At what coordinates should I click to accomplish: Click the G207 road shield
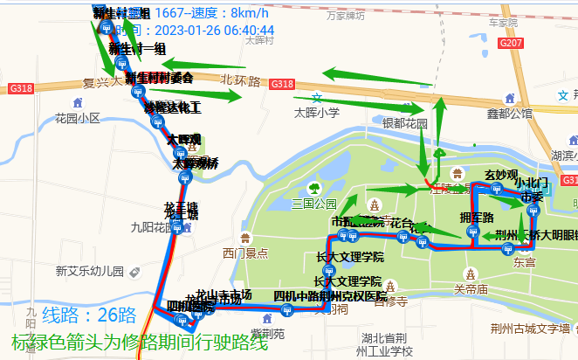click(x=513, y=43)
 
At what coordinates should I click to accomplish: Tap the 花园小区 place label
click(x=79, y=117)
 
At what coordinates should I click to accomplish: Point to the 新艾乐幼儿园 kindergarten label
click(x=90, y=270)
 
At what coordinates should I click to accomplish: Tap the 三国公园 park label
click(x=313, y=204)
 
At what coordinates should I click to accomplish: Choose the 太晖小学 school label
click(x=316, y=112)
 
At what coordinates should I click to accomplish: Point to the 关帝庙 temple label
click(x=471, y=287)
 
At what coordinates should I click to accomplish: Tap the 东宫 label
click(x=525, y=261)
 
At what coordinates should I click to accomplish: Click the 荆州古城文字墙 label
click(x=530, y=329)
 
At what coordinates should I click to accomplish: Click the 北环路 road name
click(x=241, y=80)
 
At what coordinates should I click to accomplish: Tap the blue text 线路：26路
click(x=89, y=315)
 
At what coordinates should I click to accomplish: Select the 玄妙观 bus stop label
click(x=501, y=175)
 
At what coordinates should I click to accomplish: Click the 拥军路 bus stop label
click(x=477, y=217)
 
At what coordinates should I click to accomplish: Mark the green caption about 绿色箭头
click(x=140, y=343)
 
